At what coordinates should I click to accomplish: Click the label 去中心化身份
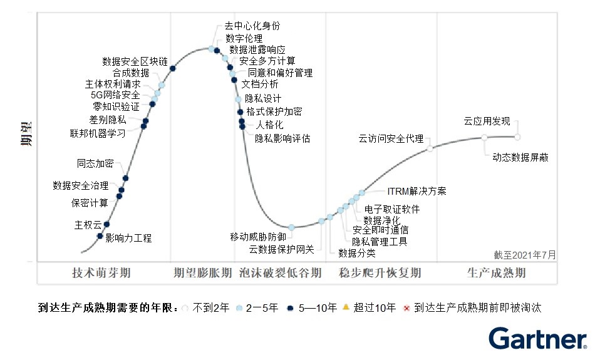[252, 26]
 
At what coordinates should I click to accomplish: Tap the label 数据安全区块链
[135, 61]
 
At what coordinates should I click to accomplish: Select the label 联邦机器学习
[97, 133]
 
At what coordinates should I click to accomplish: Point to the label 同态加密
[95, 163]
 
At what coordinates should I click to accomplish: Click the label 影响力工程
[128, 238]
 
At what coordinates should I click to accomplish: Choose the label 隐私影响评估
[282, 138]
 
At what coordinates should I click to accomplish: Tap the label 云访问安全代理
[391, 138]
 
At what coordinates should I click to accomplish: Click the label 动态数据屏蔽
[520, 157]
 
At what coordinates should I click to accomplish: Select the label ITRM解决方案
[416, 191]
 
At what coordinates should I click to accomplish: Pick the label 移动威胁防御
[258, 237]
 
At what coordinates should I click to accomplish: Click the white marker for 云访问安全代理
[430, 148]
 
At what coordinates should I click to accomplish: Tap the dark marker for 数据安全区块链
[173, 68]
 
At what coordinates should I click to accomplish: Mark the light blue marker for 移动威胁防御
[291, 227]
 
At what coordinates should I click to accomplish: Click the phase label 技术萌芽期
[101, 273]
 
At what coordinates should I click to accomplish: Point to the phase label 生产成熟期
[496, 273]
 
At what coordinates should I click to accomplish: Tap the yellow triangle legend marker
[345, 307]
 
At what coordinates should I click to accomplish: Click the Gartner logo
[537, 339]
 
